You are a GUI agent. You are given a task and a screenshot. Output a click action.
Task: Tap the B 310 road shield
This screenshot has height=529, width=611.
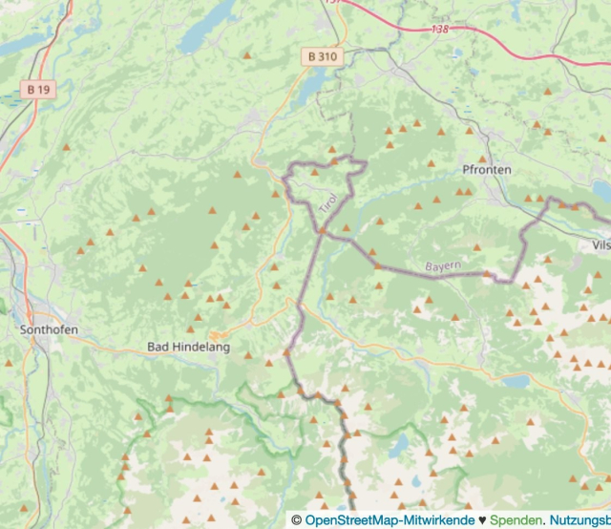point(322,56)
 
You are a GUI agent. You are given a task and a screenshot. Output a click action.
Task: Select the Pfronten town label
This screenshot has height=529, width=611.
point(486,169)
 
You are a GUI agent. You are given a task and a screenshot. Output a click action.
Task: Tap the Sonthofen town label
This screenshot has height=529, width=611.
point(49,329)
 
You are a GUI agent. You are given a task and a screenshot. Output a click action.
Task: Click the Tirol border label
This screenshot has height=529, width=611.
point(327,203)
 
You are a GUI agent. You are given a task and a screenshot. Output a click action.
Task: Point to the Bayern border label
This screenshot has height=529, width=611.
point(443,264)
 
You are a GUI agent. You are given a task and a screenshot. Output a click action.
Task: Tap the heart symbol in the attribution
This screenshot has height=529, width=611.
point(482,520)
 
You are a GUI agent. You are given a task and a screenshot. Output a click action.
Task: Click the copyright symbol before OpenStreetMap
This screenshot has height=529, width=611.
point(297,520)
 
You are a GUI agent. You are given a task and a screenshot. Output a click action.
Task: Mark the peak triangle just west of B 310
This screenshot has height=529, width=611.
point(248,55)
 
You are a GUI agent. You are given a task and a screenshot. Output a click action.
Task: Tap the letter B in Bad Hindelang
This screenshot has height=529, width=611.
point(151,348)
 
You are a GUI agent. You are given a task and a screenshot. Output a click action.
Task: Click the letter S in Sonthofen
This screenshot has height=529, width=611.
point(23,329)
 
